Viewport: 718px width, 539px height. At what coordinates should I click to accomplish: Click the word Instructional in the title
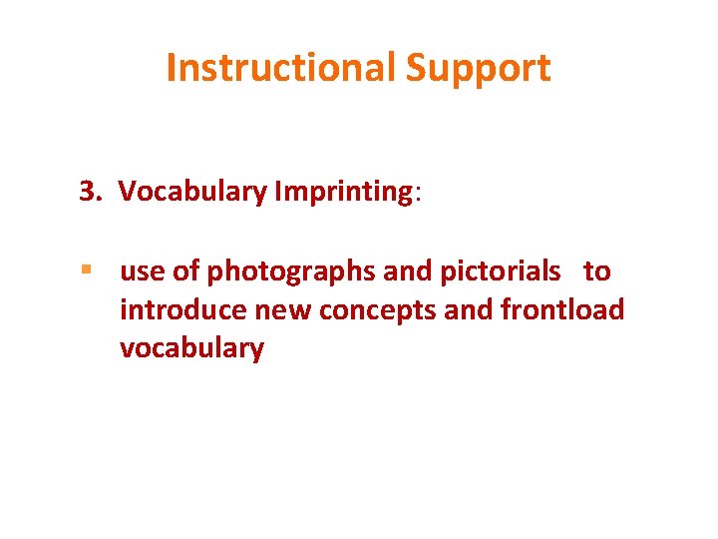(281, 68)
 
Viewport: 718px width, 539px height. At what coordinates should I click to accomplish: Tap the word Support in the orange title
(478, 68)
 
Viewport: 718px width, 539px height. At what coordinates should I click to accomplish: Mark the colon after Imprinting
(418, 194)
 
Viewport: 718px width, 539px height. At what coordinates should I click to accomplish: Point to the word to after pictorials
(597, 271)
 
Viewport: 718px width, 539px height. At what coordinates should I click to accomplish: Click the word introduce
(183, 310)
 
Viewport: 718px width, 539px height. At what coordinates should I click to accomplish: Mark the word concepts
(381, 311)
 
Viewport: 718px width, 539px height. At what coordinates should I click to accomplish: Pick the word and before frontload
(469, 310)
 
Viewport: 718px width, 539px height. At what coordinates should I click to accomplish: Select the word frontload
(562, 310)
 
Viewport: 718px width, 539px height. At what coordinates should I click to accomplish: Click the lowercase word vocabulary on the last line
(191, 349)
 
